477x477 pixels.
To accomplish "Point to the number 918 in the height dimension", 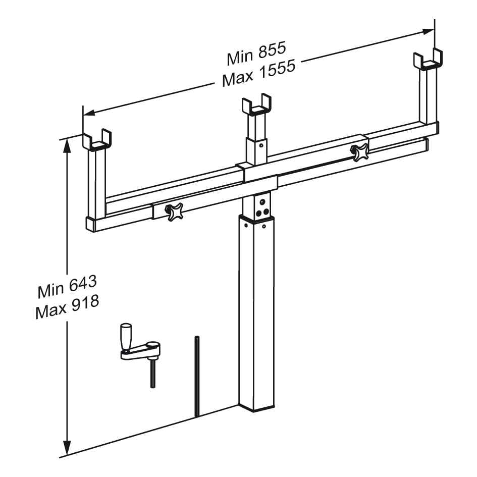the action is pos(85,304).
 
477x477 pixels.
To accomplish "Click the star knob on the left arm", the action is pos(174,211).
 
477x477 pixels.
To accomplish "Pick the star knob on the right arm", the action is pos(360,152).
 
